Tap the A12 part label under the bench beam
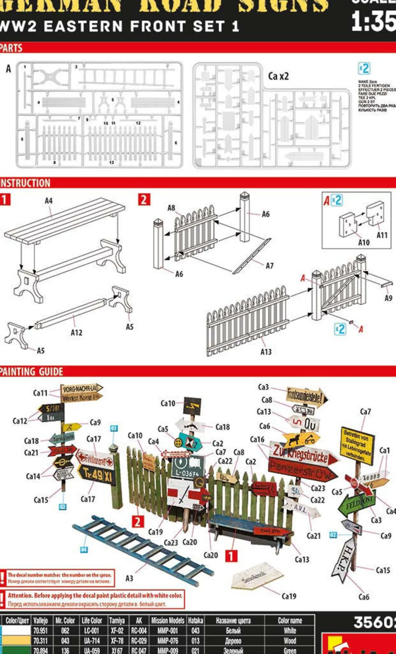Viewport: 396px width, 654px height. pyautogui.click(x=76, y=333)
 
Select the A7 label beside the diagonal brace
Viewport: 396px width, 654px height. pyautogui.click(x=270, y=266)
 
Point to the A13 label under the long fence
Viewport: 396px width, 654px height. pyautogui.click(x=266, y=352)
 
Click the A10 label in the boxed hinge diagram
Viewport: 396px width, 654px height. pyautogui.click(x=363, y=243)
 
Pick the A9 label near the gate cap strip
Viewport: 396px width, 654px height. pyautogui.click(x=388, y=298)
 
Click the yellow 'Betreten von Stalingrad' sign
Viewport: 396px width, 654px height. pyautogui.click(x=357, y=445)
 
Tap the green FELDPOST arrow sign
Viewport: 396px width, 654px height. pyautogui.click(x=355, y=505)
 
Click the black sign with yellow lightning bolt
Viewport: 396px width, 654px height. pyautogui.click(x=192, y=406)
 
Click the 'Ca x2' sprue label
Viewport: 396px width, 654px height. pyautogui.click(x=278, y=76)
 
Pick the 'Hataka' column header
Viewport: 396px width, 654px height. pyautogui.click(x=195, y=621)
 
